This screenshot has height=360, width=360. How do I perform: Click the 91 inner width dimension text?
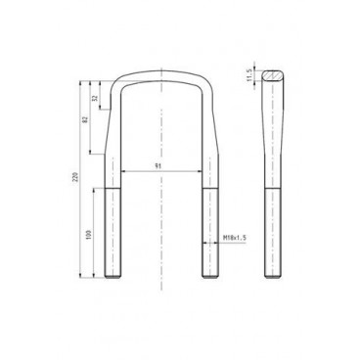158,166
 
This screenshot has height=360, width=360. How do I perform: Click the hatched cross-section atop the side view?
272,74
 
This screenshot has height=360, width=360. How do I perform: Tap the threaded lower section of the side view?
272,235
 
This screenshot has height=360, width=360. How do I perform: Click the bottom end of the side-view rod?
272,277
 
